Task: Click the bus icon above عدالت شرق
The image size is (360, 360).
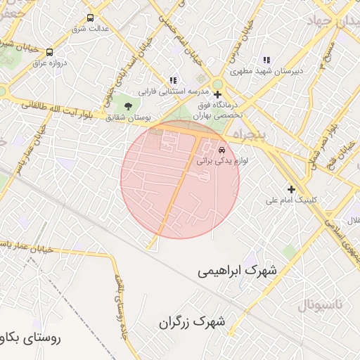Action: [x=90, y=18]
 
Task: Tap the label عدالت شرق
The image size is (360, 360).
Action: [x=90, y=30]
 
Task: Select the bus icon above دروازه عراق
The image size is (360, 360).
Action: [x=49, y=52]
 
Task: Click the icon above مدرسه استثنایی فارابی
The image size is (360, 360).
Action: [x=173, y=80]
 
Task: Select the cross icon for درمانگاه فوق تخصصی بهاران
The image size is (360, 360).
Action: [x=217, y=94]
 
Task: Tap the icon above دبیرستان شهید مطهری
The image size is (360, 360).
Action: [x=266, y=60]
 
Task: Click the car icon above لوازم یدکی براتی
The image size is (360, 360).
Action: [x=221, y=150]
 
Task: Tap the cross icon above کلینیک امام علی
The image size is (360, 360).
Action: [x=291, y=188]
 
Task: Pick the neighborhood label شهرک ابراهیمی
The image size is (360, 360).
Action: [x=237, y=270]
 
